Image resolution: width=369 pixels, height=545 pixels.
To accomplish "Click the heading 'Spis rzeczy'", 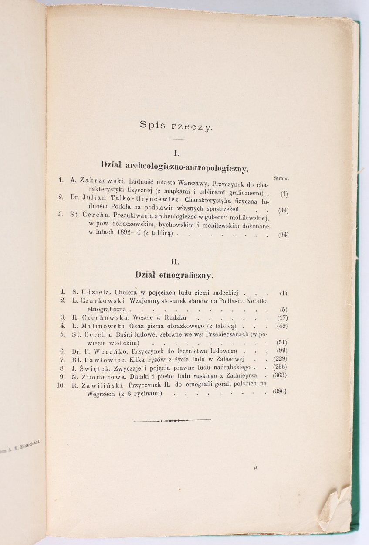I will [176, 126].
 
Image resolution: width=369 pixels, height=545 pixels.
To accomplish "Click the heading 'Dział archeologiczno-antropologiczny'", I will [175, 166].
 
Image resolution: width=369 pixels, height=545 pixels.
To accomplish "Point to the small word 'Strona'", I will [282, 177].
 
